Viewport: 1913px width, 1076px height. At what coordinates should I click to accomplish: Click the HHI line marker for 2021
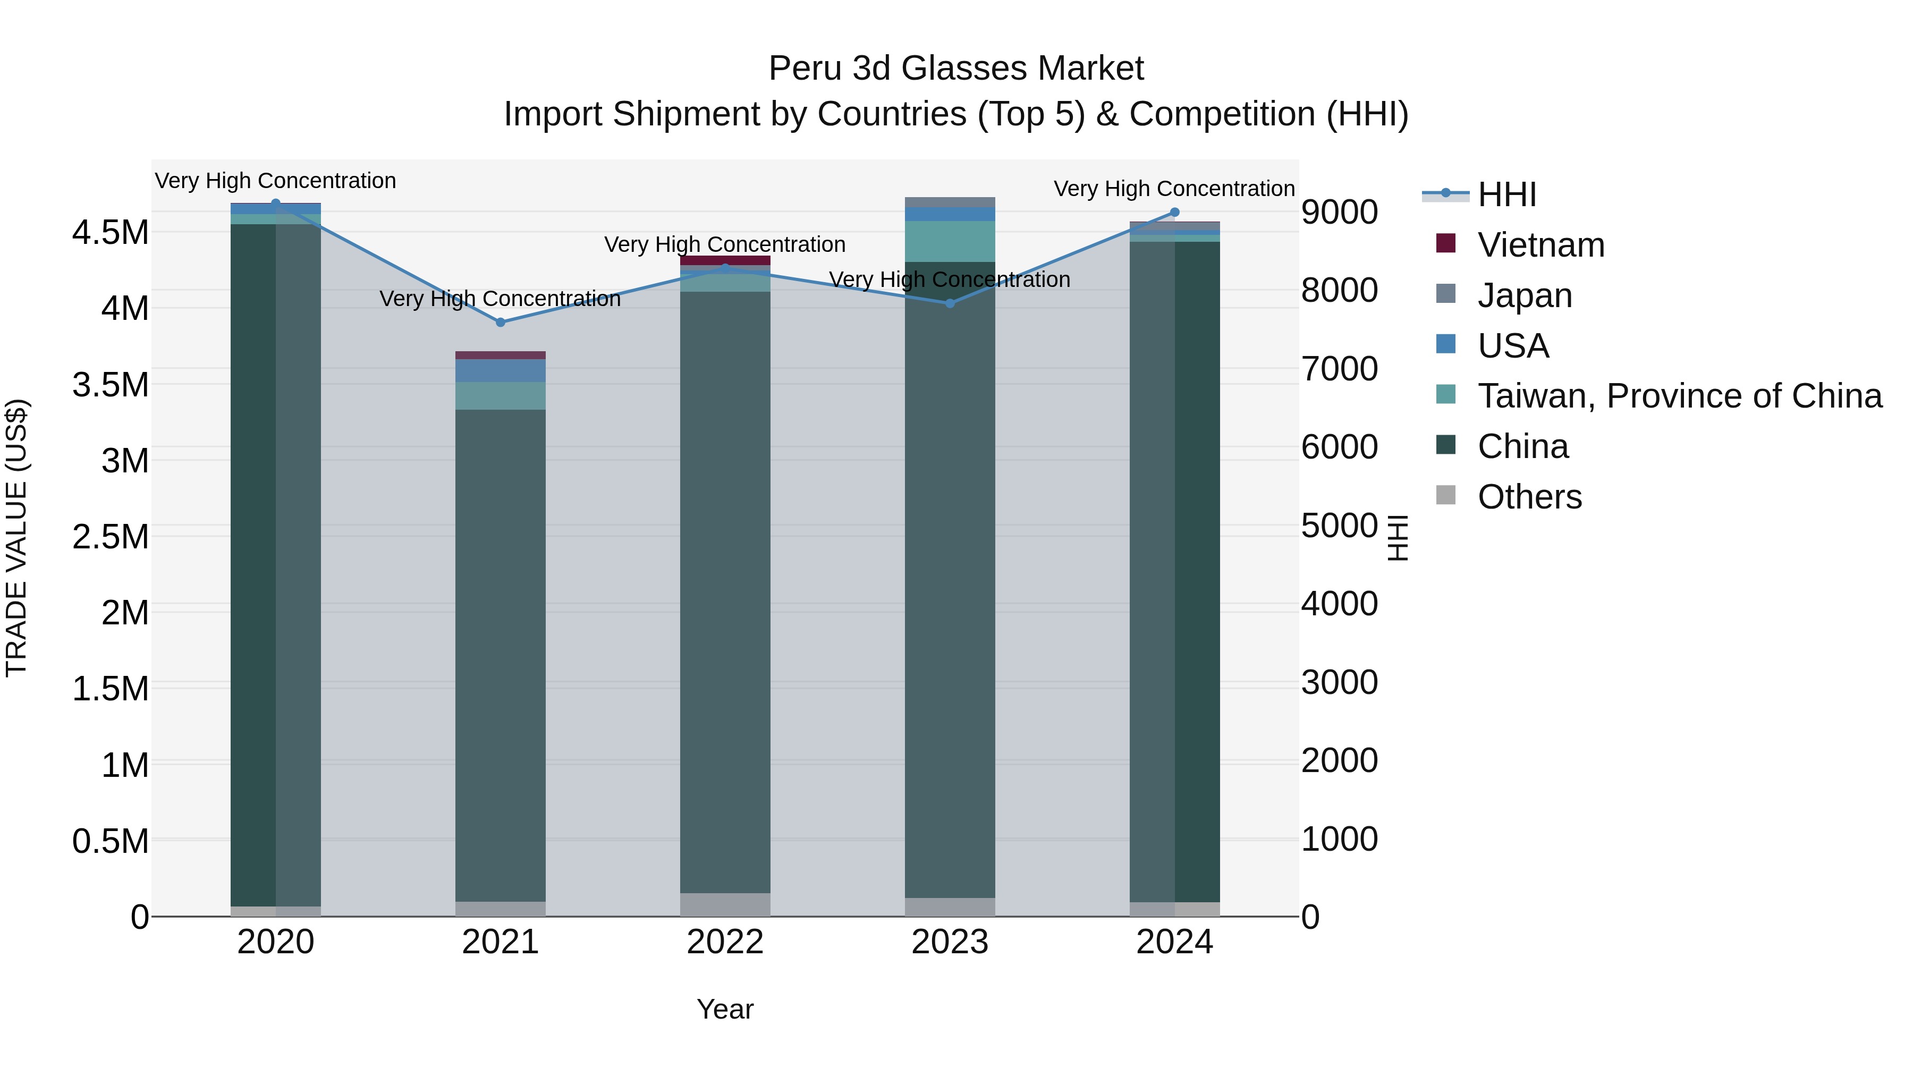click(500, 323)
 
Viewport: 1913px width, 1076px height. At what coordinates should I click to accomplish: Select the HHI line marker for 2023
click(950, 303)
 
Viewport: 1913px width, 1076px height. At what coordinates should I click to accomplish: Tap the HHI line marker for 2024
click(1174, 213)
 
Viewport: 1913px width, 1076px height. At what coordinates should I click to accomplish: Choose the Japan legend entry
click(1524, 295)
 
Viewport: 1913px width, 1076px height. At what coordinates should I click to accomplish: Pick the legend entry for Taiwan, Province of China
click(1679, 396)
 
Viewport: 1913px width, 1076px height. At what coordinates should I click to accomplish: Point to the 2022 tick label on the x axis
click(725, 942)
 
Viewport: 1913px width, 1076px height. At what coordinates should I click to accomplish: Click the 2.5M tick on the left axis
click(110, 537)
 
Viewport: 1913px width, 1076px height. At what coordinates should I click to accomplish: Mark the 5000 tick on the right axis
click(1339, 525)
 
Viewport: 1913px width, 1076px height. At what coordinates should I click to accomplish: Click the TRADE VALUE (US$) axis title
click(17, 538)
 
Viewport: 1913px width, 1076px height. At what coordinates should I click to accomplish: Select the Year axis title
click(725, 1009)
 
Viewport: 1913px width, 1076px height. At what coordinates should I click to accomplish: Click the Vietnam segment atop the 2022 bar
click(725, 260)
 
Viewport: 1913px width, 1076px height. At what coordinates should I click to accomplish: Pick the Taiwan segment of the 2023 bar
click(950, 241)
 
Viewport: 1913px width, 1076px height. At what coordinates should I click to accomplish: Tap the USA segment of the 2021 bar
click(500, 370)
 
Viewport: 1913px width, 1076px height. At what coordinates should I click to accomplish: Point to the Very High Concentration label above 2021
click(500, 299)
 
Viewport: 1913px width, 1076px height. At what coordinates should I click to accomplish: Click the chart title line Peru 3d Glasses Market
click(956, 69)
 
